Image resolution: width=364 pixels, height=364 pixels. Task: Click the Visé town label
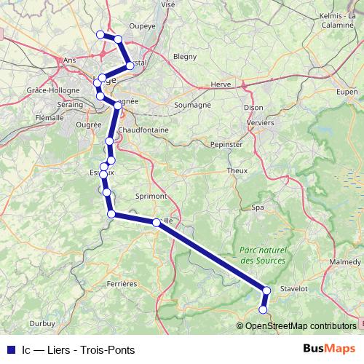(168, 4)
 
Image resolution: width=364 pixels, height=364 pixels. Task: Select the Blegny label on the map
(185, 76)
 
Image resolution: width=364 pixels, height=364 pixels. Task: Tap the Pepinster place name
(225, 145)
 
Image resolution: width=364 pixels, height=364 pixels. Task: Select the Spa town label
(258, 207)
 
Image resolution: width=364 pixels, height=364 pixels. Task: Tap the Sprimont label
(151, 197)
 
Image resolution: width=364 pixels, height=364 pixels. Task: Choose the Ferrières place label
(121, 282)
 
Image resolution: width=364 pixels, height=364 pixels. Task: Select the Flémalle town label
(49, 116)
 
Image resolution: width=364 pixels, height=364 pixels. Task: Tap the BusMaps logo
(334, 349)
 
